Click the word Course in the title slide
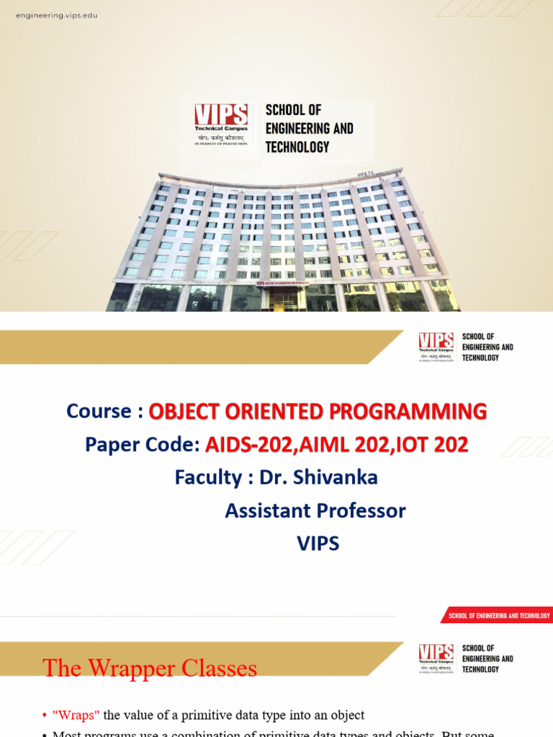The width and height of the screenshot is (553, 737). coord(99,411)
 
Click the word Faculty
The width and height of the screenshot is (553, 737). coord(207,477)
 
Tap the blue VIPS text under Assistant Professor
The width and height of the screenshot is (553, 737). coord(318,543)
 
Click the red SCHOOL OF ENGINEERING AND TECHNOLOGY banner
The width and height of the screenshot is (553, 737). coord(498,615)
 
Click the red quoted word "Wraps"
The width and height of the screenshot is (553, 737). coord(76,715)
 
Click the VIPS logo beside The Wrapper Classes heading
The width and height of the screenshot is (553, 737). coord(436,657)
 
